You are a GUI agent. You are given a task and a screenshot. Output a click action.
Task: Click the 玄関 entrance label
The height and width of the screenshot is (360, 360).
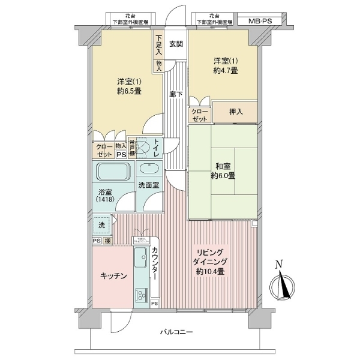tap(176, 44)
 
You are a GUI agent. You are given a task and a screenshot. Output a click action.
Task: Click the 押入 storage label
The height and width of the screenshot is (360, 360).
tap(236, 112)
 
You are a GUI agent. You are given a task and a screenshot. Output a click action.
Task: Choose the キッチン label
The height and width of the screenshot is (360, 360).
tap(113, 275)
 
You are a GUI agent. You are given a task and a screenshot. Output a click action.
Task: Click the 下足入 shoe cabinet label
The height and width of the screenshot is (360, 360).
tap(158, 44)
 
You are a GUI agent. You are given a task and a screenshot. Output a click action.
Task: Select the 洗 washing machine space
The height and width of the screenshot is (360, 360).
tap(101, 225)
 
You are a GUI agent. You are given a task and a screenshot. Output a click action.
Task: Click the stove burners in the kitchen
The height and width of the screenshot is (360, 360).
tap(142, 296)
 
